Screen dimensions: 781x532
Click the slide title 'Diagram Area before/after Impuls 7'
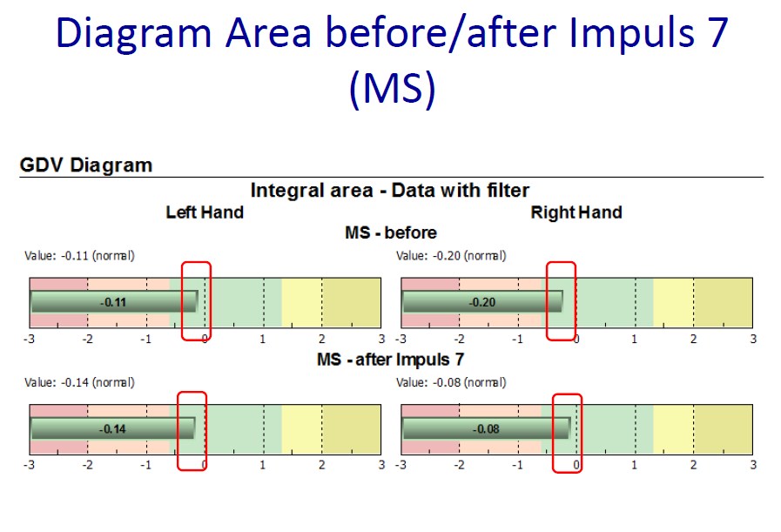coord(392,33)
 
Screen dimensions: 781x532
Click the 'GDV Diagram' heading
coord(85,165)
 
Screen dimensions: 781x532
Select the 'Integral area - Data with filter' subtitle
coord(389,191)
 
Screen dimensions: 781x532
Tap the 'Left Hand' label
coord(205,212)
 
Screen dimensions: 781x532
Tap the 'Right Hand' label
coord(576,212)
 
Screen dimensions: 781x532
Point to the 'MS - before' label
coord(391,232)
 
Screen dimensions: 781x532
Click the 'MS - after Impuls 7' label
coord(390,359)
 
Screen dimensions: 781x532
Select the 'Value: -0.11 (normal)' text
coord(80,255)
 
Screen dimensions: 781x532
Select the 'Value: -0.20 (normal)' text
coord(451,255)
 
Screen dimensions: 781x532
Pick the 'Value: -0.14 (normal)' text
coord(80,382)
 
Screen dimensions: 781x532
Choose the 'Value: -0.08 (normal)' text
coord(451,382)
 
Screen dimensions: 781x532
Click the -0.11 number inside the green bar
coord(113,302)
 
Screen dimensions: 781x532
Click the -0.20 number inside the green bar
coord(482,302)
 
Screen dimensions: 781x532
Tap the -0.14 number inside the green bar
coord(112,429)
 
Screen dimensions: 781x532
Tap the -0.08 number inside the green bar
coord(486,429)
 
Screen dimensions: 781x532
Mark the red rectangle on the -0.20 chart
coord(547,301)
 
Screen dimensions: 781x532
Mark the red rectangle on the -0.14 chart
coord(178,431)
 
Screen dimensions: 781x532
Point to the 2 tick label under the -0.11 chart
coord(322,340)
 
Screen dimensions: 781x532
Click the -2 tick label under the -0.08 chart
coord(459,465)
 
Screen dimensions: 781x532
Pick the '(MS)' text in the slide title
coord(392,88)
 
